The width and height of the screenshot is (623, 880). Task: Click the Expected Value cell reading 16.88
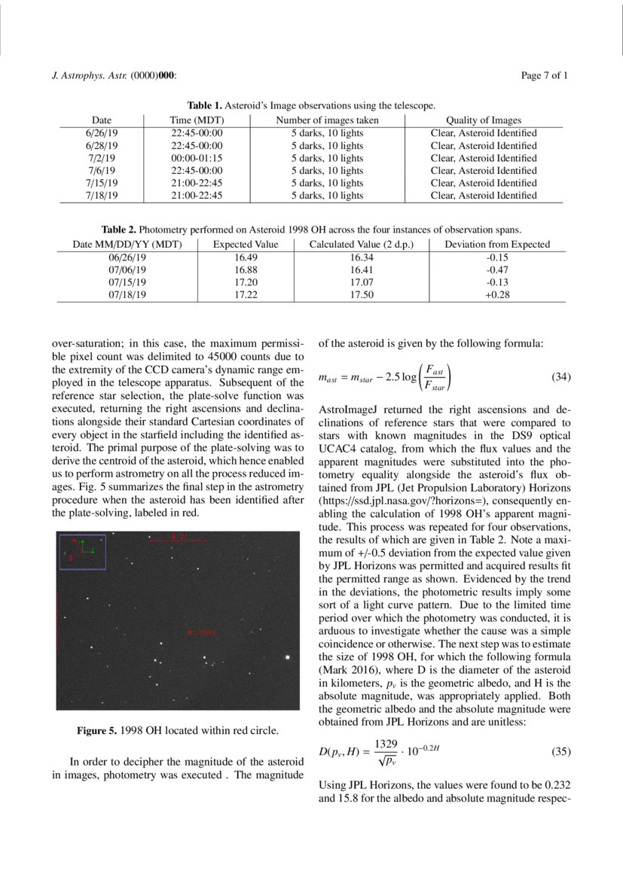coord(246,269)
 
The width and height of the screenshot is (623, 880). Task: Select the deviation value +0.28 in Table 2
coord(497,295)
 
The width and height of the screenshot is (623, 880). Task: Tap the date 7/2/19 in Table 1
coord(101,158)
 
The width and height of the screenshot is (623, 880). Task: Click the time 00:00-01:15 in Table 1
coord(197,158)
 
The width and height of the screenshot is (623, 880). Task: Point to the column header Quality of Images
coord(483,120)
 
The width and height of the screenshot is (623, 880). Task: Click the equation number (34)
coord(562,377)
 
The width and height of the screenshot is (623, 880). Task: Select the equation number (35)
coord(562,751)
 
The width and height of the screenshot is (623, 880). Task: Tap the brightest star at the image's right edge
coord(288,657)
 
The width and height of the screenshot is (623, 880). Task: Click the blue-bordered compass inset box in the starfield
coord(82,552)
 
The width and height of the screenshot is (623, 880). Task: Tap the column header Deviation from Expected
coord(497,245)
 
